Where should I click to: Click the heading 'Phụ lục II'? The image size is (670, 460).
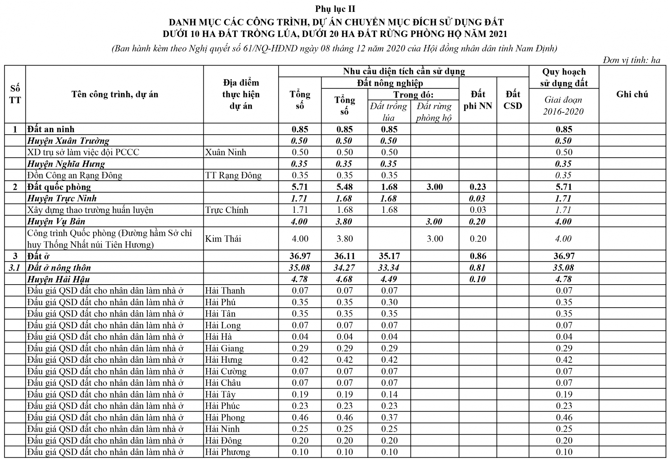[x=335, y=9]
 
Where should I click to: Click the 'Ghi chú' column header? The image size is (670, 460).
[x=632, y=94]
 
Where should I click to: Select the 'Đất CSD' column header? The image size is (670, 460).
[x=513, y=100]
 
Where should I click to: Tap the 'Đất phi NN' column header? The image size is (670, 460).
[x=478, y=100]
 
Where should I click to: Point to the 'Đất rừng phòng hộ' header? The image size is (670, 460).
[x=434, y=112]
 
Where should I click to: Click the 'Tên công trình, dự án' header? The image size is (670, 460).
[x=114, y=94]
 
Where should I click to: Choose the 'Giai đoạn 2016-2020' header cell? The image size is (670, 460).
[x=563, y=105]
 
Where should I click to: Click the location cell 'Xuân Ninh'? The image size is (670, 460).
[x=226, y=152]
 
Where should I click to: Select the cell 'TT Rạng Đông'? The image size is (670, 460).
[x=233, y=175]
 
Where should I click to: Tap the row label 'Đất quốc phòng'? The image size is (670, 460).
[x=59, y=187]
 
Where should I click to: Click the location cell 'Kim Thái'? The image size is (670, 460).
[x=223, y=239]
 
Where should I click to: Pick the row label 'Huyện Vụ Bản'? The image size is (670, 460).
[x=56, y=221]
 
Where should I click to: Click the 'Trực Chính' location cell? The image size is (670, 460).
[x=227, y=210]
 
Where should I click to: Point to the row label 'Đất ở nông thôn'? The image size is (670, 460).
[x=59, y=268]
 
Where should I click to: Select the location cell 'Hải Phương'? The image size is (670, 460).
[x=228, y=452]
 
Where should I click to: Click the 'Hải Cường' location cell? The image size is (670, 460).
[x=226, y=371]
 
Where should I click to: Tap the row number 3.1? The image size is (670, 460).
[x=15, y=268]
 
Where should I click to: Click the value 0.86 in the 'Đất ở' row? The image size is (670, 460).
[x=478, y=256]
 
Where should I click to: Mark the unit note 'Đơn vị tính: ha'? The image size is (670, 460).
[x=631, y=60]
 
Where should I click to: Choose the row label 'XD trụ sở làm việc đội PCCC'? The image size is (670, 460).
[x=83, y=152]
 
